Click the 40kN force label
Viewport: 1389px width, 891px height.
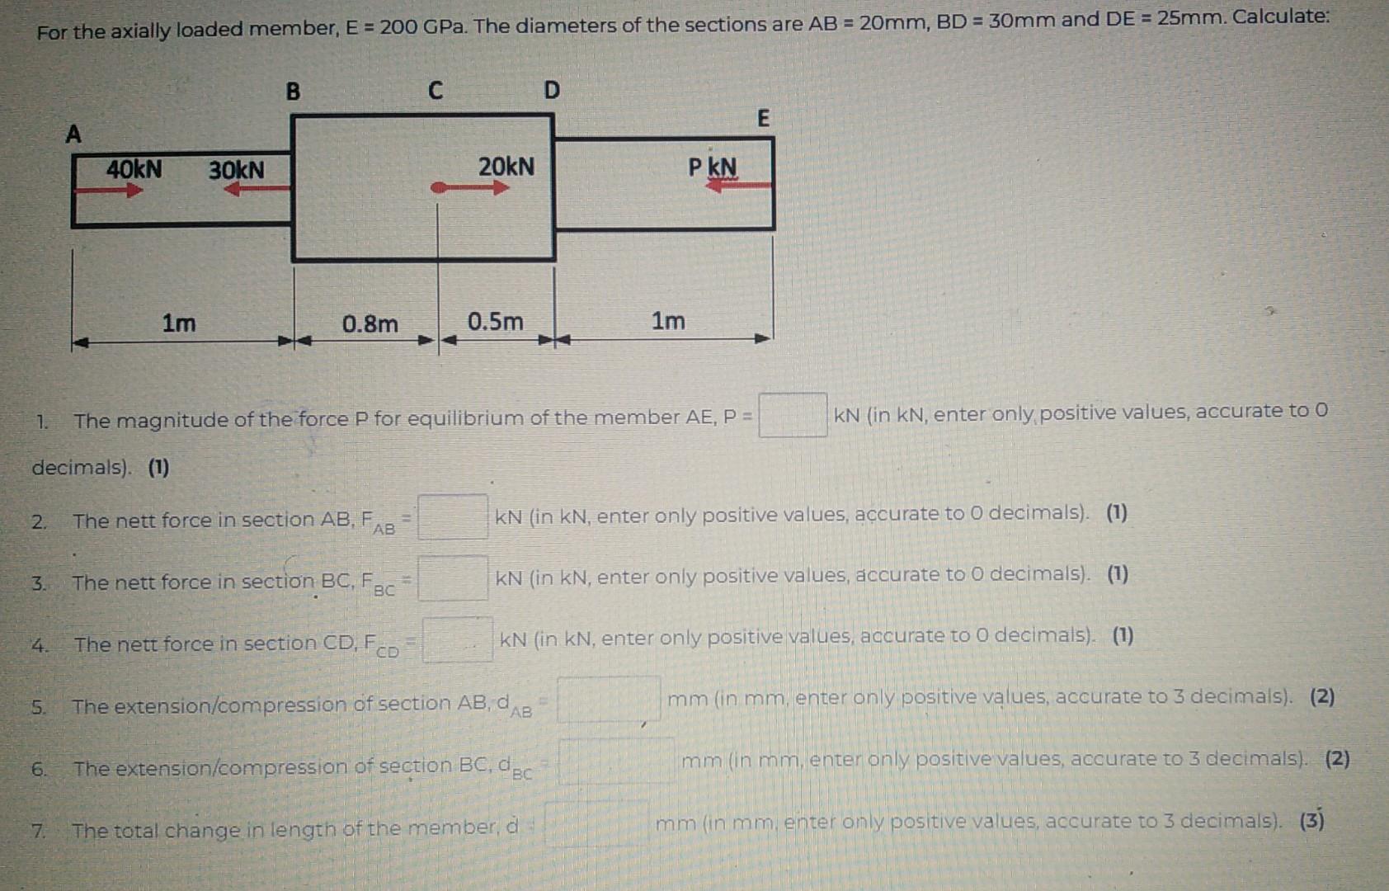(x=134, y=169)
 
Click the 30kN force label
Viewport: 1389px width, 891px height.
(x=237, y=170)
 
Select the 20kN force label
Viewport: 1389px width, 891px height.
(x=506, y=167)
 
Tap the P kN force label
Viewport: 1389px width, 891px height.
(x=713, y=167)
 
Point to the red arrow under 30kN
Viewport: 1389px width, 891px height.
(x=257, y=189)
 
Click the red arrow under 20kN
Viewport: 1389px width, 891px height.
(x=470, y=188)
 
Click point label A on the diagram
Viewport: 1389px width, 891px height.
(x=73, y=134)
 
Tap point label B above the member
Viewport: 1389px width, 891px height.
(x=293, y=91)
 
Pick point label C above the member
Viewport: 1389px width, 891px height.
(x=436, y=90)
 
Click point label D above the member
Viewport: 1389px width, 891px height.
(x=552, y=90)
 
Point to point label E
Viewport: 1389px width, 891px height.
(x=763, y=119)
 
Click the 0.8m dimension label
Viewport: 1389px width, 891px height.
(x=370, y=323)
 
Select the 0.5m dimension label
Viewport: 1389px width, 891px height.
(x=495, y=321)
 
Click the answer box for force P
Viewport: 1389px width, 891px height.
(x=793, y=415)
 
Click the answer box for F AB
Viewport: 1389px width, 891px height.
(x=453, y=516)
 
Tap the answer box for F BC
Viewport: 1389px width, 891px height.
(x=453, y=578)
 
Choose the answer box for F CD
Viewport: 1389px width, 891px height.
(x=458, y=639)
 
